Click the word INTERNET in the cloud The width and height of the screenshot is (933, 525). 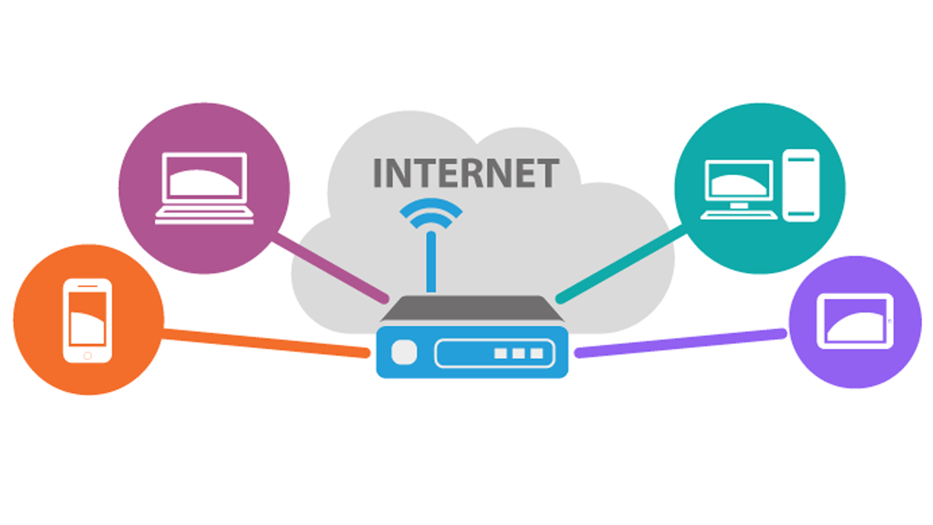[466, 173]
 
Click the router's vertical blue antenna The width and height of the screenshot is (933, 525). [431, 262]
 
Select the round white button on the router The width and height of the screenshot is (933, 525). [404, 352]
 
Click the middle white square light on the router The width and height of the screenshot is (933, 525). [518, 353]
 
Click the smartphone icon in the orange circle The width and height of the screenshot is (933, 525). [87, 320]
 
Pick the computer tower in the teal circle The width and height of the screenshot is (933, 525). [801, 186]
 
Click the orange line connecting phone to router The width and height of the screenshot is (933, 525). [265, 343]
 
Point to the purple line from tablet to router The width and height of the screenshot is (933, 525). [680, 343]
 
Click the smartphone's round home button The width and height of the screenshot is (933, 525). [87, 356]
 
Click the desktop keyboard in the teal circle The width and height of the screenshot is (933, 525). [739, 215]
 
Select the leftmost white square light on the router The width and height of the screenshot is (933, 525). [501, 353]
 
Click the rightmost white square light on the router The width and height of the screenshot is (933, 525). [536, 353]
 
